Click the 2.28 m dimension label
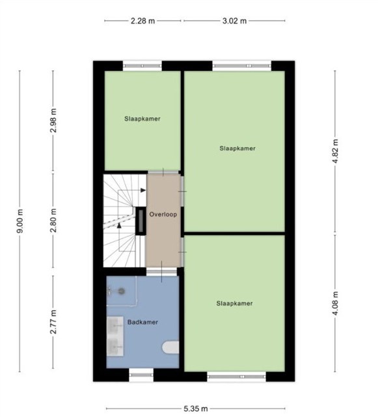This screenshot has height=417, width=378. (142, 21)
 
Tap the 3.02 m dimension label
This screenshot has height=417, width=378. (234, 21)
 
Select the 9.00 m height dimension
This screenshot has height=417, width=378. (20, 222)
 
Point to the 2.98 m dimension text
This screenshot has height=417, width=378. (53, 121)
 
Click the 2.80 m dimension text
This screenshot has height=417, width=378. (53, 220)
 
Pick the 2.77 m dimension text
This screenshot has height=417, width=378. (53, 322)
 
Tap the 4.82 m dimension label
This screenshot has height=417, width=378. (336, 151)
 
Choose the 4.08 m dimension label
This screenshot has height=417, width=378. (336, 304)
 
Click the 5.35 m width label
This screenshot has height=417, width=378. (196, 409)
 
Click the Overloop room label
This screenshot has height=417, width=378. (163, 214)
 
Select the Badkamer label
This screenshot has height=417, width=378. (142, 323)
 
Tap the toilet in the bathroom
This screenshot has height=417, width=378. (170, 347)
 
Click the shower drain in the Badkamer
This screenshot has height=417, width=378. (122, 291)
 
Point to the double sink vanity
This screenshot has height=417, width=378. (115, 336)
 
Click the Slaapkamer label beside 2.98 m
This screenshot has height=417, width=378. (142, 119)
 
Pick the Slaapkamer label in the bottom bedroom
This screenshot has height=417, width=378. (234, 304)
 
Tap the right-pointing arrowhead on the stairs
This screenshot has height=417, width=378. (143, 190)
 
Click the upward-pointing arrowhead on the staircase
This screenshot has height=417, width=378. (119, 225)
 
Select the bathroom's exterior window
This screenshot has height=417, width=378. (141, 375)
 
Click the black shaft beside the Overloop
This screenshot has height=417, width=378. (141, 221)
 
